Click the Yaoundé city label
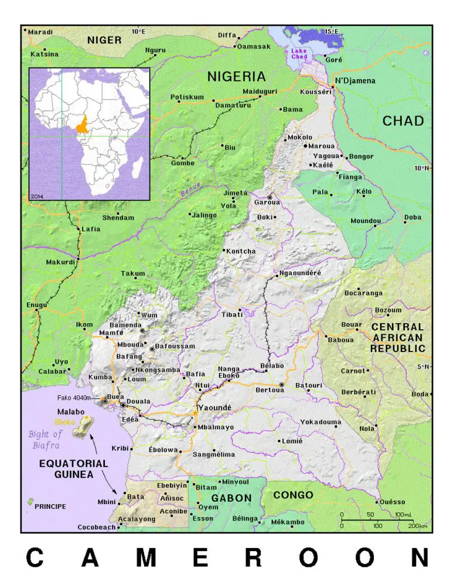coord(215,407)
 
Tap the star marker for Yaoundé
coord(195,414)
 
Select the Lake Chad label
coord(299,53)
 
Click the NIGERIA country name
coord(236,77)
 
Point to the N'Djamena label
coord(354,81)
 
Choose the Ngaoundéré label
coord(301,273)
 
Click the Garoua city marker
coord(270,197)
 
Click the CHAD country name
coord(403,121)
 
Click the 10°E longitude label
coord(139,32)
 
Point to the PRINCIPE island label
coord(50,506)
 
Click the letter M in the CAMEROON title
coord(145,558)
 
